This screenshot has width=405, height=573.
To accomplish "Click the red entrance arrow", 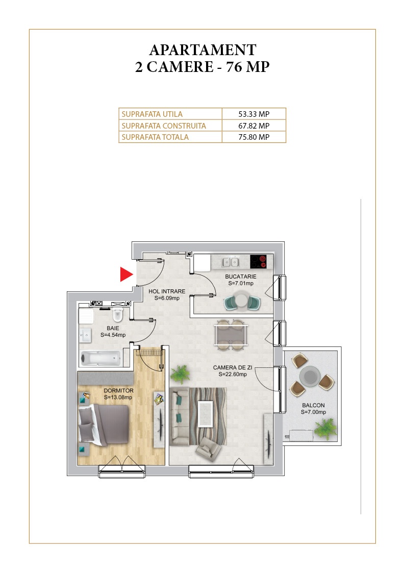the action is (x=126, y=274).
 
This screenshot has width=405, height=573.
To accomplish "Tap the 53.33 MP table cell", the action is (x=254, y=114).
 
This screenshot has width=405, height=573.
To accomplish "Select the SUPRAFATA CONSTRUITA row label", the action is (x=164, y=126).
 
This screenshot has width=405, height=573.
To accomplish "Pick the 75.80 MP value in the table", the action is (x=254, y=137).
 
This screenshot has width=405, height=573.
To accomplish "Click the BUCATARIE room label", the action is (x=241, y=277).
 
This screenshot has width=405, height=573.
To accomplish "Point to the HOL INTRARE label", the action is (x=167, y=291).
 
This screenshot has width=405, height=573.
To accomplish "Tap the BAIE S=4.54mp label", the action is (x=113, y=332).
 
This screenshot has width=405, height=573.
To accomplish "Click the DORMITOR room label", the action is (x=118, y=391).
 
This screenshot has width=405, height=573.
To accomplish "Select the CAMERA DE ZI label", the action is (x=233, y=367).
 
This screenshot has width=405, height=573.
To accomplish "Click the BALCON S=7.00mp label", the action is (x=313, y=409).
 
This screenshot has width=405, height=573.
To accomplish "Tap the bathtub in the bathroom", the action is (x=100, y=359).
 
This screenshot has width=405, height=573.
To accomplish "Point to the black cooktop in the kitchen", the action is (x=259, y=262).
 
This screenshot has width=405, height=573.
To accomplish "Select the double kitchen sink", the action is (x=231, y=262).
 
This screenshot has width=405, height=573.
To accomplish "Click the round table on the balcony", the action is (x=310, y=376).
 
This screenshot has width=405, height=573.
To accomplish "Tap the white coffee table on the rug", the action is (x=206, y=414).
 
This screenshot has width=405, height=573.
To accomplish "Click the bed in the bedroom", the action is (x=104, y=425).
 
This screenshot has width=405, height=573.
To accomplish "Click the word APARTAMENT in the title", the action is (x=202, y=49).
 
